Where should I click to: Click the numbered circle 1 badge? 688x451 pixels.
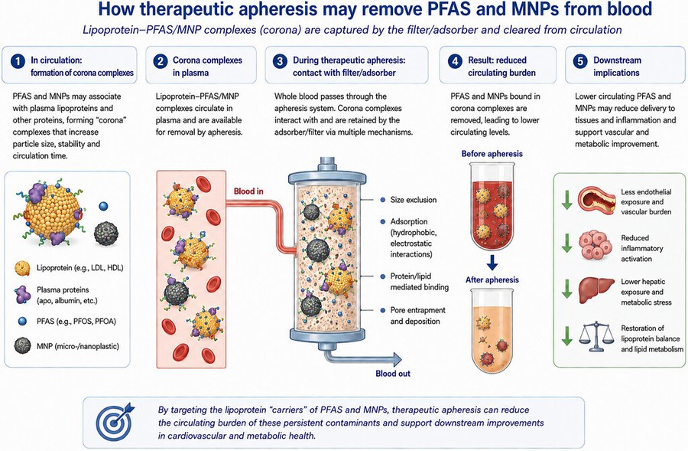(18, 60)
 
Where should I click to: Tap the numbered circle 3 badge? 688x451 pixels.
(280, 60)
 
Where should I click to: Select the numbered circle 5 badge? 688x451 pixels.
(580, 60)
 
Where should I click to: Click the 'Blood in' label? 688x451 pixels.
(248, 191)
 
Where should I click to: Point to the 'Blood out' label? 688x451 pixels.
(393, 374)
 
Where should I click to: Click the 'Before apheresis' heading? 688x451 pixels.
(492, 154)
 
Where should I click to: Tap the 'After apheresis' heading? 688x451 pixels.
(492, 279)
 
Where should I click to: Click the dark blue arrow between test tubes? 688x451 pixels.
(492, 263)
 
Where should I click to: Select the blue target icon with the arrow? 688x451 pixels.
(115, 422)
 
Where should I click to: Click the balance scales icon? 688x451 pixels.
(596, 337)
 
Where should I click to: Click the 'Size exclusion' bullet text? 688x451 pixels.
(414, 200)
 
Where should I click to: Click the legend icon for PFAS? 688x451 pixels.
(22, 322)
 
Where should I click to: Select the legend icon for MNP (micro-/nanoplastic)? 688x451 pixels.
(22, 346)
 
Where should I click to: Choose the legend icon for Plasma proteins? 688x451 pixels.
(22, 295)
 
